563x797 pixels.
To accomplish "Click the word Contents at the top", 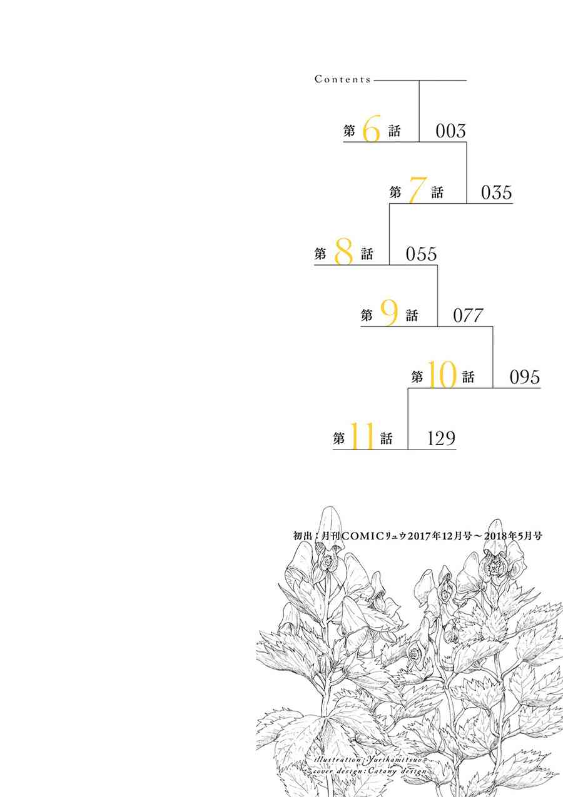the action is click(343, 79).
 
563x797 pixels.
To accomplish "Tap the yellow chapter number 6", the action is click(372, 129).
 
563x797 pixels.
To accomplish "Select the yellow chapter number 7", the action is click(417, 191).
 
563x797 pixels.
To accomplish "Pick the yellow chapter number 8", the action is click(343, 251).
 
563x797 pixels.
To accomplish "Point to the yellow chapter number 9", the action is click(389, 313).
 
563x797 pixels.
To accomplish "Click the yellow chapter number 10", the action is click(442, 374).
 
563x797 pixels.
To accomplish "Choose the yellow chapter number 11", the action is click(362, 436).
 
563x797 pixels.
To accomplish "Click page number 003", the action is click(450, 131).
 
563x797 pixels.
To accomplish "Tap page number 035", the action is click(497, 193).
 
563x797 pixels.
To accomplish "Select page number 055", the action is click(421, 254).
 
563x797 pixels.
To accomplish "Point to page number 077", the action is click(468, 316).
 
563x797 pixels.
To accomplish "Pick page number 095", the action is click(525, 377).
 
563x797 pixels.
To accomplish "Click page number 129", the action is click(441, 438).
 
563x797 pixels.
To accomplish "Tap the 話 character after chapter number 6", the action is click(394, 131).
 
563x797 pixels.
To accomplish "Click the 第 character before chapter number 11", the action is click(339, 438).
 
